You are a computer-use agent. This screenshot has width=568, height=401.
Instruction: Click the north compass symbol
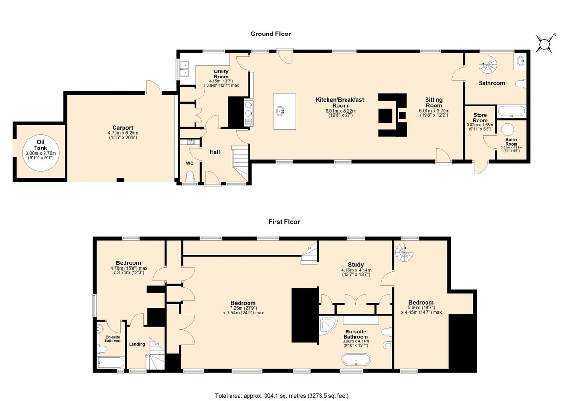(x=545, y=44)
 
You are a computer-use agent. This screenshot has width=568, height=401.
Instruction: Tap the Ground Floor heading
(x=270, y=34)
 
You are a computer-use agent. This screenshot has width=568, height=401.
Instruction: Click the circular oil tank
(x=40, y=151)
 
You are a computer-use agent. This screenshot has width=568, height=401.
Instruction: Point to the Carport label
(x=122, y=128)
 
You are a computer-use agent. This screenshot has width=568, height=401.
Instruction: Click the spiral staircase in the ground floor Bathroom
(x=490, y=67)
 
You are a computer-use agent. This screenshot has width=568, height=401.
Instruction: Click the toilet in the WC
(x=190, y=176)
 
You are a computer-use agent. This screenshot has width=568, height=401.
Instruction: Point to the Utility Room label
(x=221, y=74)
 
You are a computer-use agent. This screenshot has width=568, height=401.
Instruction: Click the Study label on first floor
(x=355, y=265)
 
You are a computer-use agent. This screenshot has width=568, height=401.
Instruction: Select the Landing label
(x=137, y=344)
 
